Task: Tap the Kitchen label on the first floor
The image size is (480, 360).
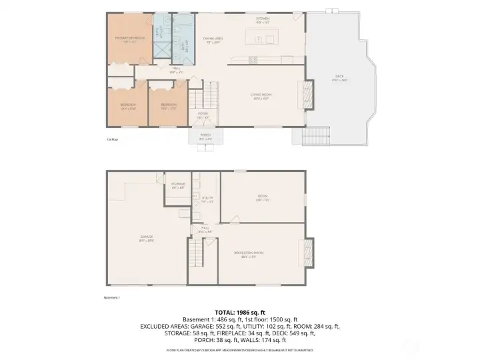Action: [x=262, y=21]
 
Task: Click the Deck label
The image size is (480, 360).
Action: [x=340, y=80]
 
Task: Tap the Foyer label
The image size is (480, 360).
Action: [x=203, y=115]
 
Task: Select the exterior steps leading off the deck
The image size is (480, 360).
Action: [x=312, y=139]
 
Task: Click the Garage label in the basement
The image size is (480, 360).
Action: [x=147, y=239]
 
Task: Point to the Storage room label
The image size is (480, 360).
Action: [x=178, y=185]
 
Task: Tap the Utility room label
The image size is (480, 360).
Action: [x=207, y=199]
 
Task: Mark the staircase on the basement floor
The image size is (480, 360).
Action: [x=195, y=253]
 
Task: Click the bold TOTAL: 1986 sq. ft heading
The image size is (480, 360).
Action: [x=239, y=312]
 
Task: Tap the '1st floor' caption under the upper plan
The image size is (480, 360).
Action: [x=112, y=140]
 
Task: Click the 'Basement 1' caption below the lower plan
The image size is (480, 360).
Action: [x=112, y=297]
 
